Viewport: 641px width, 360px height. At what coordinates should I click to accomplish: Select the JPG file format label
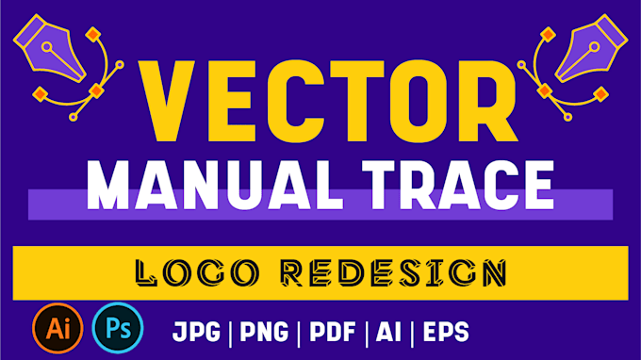[x=201, y=332]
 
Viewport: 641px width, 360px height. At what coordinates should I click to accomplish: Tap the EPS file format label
[x=444, y=332]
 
